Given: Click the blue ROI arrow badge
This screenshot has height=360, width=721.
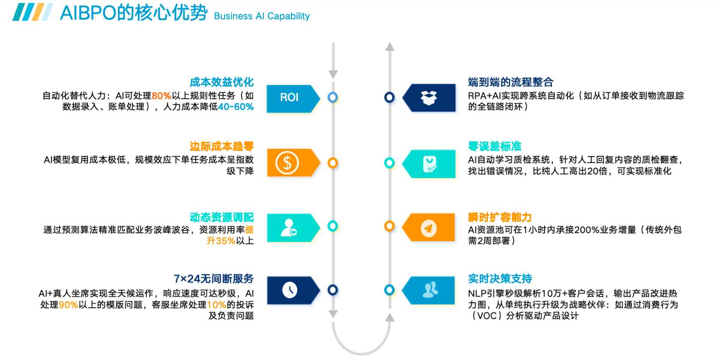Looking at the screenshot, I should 292,98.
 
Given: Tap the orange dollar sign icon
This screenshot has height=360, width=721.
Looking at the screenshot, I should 287,163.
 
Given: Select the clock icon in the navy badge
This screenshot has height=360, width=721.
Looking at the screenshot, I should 290,290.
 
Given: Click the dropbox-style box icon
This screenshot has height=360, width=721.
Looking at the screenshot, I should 428,98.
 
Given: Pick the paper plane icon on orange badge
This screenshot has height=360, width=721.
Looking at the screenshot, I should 428,228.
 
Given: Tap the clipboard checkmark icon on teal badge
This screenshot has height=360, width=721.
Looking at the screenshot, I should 429,164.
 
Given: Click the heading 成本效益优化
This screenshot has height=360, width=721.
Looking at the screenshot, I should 221,82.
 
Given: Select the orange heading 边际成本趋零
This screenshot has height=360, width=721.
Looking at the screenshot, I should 221,147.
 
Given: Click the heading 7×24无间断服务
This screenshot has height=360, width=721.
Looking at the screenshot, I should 213,279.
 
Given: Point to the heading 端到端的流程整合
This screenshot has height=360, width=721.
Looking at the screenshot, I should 510,82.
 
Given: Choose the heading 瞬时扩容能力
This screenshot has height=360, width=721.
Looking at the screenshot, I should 500,218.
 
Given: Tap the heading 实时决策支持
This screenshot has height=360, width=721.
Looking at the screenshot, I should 500,279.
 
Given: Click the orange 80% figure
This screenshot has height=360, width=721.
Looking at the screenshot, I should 161,96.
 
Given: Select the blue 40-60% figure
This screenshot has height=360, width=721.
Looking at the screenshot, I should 236,107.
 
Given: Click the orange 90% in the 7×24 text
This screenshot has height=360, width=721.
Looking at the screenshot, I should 68,305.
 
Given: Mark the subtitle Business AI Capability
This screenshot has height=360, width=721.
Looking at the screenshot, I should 262,16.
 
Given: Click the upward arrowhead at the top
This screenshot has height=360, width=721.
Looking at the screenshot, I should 390,47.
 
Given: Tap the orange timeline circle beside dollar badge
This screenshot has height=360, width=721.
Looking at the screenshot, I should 333,163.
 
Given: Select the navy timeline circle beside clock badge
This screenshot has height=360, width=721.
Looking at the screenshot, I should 333,290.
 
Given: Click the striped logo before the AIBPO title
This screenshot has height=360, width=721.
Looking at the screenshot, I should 33,12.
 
